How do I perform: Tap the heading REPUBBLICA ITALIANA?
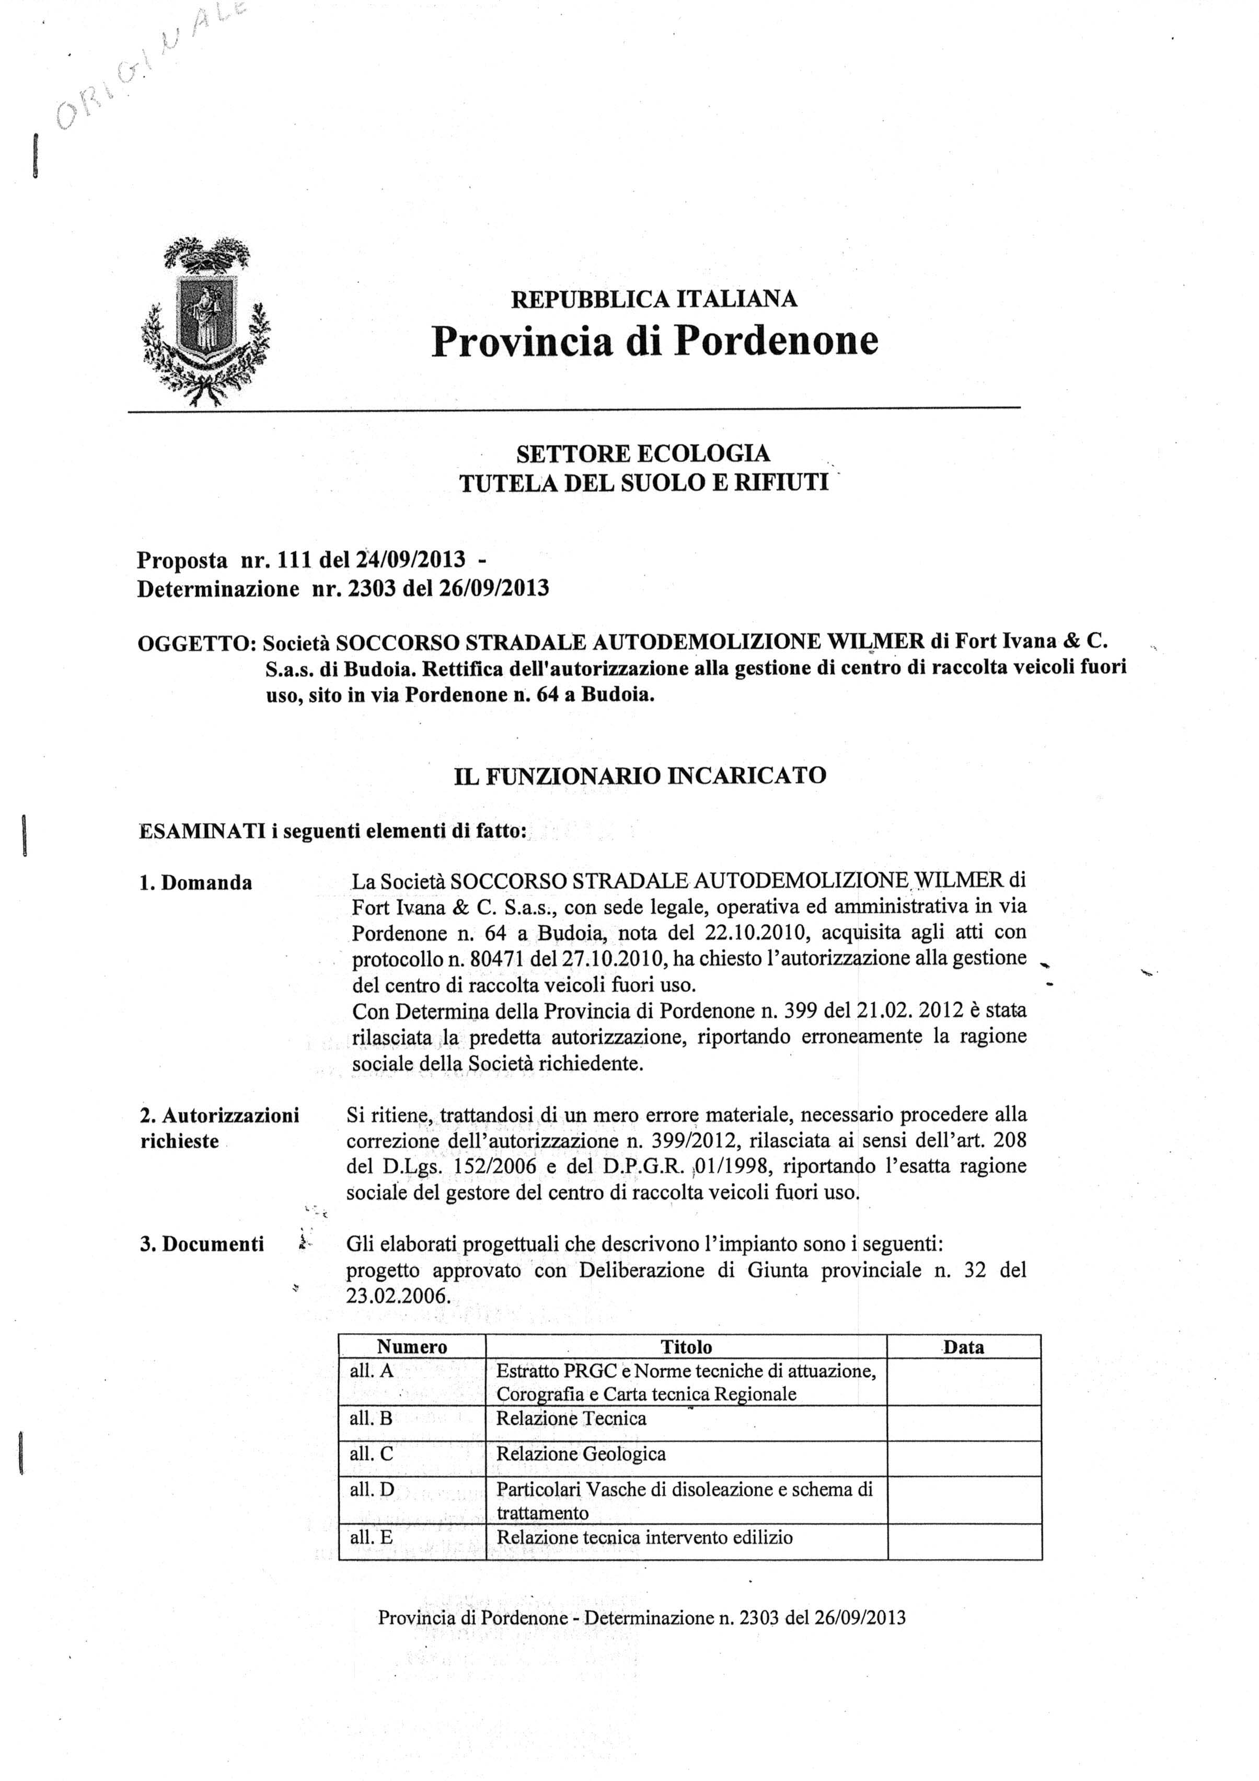[x=653, y=299]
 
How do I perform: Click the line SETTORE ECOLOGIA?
[x=643, y=453]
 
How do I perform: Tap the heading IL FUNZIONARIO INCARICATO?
[x=640, y=775]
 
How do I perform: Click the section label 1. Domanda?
[x=196, y=883]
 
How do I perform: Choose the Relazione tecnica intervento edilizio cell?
[x=644, y=1537]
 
